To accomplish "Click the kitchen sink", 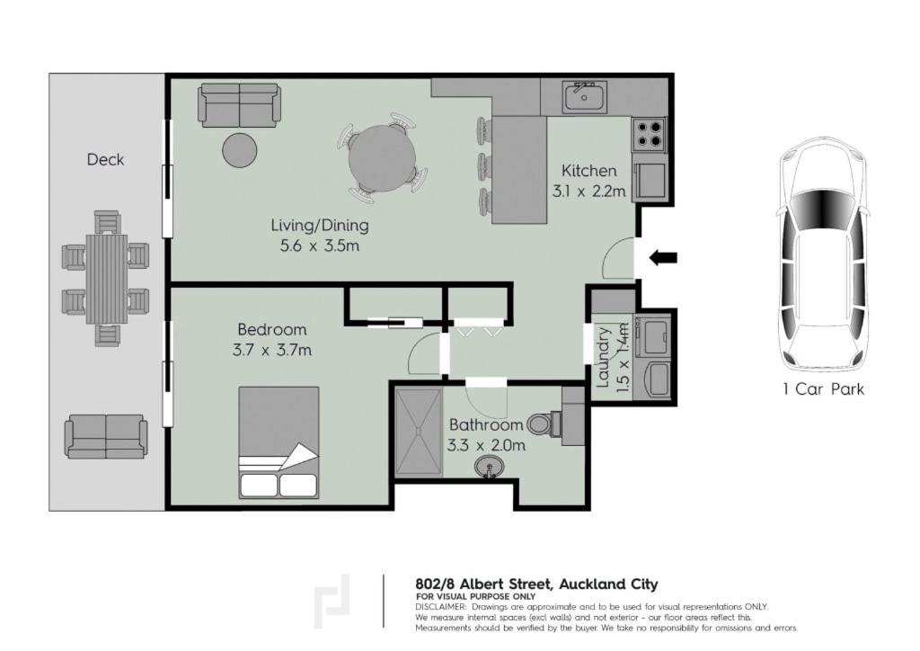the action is [584, 97].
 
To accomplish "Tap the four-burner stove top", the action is [649, 134].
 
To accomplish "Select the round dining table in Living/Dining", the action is [382, 158].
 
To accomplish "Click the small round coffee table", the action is [239, 150].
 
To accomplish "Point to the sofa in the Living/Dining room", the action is [239, 105].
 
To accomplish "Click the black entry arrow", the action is [663, 257].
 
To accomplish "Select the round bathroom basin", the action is [489, 468].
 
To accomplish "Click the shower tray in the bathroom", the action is [419, 431].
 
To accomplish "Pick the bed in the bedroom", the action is [279, 442].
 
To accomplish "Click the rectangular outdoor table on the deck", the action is [107, 278].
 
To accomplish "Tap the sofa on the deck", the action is [106, 436].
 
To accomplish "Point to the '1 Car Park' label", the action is [823, 389].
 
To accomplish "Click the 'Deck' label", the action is [106, 160].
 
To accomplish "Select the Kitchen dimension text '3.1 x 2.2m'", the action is [588, 192].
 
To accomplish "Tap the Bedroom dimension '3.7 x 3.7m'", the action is [271, 351].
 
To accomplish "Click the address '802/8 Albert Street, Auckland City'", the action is [537, 584].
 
